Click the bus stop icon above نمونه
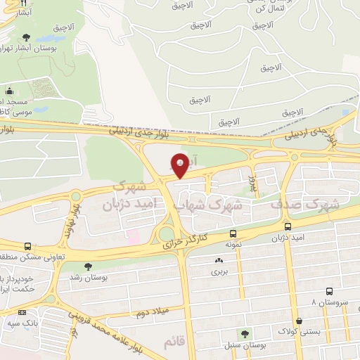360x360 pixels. click(233, 234)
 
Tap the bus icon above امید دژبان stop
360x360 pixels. click(288, 226)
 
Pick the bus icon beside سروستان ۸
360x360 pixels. click(330, 290)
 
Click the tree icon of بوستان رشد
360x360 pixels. click(88, 266)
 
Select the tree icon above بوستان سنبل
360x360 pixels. click(245, 333)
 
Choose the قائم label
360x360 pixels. click(174, 342)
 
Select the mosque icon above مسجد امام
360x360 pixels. click(9, 91)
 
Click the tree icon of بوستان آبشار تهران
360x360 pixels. click(26, 37)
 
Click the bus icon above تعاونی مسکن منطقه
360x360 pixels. click(27, 247)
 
